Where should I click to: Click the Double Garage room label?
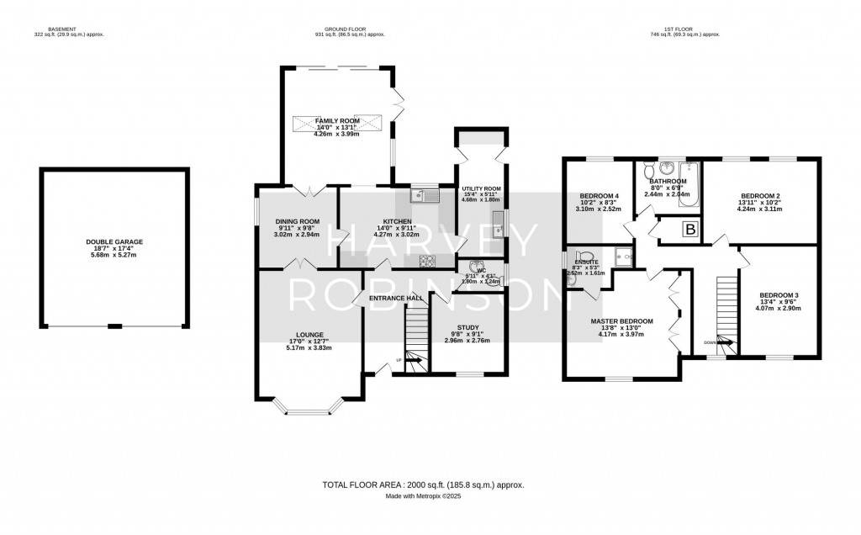[114, 241]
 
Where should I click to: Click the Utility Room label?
[481, 189]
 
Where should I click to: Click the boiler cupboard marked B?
[689, 228]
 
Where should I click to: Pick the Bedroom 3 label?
[779, 295]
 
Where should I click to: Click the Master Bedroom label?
[621, 321]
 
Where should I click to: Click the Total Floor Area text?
[424, 485]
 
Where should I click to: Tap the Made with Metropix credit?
[424, 496]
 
